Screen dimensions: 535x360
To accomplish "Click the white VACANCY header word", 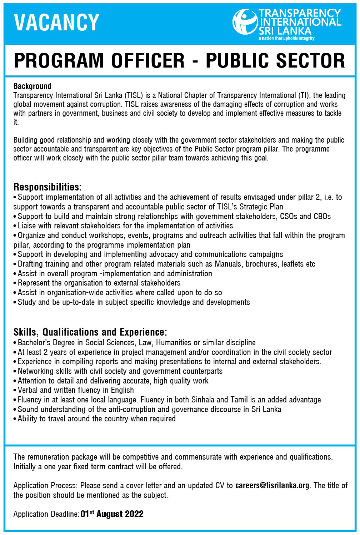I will tap(56, 22).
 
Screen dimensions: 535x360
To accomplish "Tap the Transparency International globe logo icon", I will tap(245, 22).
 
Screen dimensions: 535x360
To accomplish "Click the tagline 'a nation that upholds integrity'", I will tap(287, 38).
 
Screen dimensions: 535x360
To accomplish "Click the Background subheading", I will tap(32, 86).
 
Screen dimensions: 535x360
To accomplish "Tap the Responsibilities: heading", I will tap(47, 187).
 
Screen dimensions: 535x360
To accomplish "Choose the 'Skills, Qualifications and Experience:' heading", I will tap(90, 332).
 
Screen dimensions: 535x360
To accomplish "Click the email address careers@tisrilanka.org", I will tap(272, 485).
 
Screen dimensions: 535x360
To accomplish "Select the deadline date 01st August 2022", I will tap(112, 514).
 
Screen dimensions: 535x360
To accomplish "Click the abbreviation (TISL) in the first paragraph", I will tap(134, 95).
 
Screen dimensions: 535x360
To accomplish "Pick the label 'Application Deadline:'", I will tap(46, 514).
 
